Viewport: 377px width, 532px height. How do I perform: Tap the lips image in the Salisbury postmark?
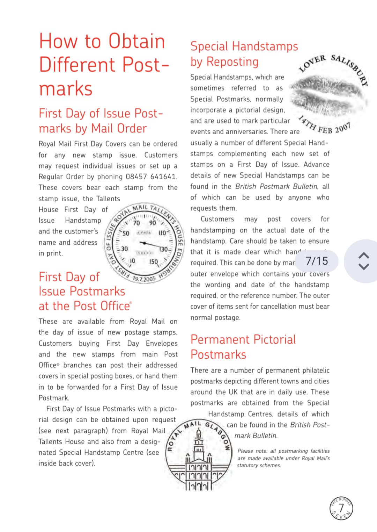pyautogui.click(x=328, y=94)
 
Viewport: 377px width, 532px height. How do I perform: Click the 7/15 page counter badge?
pyautogui.click(x=317, y=261)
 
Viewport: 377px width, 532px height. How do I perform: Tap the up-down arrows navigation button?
pyautogui.click(x=364, y=261)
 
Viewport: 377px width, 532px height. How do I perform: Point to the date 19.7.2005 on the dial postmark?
pyautogui.click(x=144, y=279)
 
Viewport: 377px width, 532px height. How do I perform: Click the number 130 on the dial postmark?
pyautogui.click(x=163, y=249)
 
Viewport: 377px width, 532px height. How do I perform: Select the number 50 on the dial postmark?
pyautogui.click(x=126, y=233)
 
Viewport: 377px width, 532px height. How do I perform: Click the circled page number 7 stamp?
pyautogui.click(x=341, y=508)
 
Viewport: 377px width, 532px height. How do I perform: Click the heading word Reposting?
pyautogui.click(x=237, y=62)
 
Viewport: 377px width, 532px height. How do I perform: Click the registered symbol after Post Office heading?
pyautogui.click(x=131, y=303)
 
